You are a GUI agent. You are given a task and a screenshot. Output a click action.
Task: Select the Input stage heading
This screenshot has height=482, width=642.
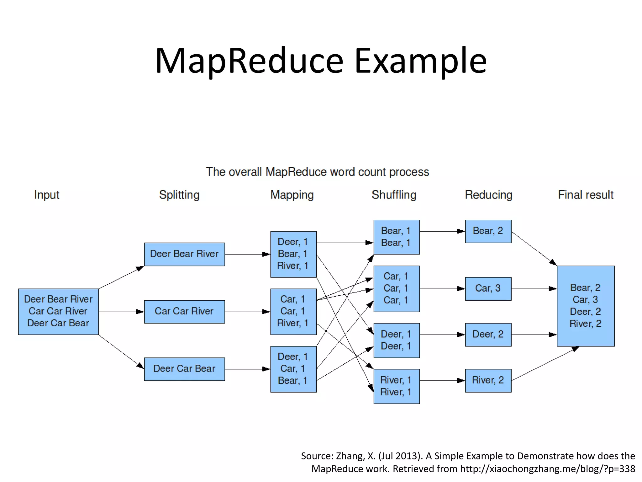[47, 195]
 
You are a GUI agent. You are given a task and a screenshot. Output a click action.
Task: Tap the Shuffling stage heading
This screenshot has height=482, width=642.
[394, 195]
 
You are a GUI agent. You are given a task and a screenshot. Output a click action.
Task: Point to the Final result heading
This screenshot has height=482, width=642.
[586, 195]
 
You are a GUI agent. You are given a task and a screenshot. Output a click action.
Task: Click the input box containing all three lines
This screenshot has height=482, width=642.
[58, 311]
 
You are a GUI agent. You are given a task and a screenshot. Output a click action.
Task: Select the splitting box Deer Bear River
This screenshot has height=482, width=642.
[184, 254]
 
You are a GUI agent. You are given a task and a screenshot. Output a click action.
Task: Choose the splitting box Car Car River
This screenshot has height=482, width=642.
[184, 312]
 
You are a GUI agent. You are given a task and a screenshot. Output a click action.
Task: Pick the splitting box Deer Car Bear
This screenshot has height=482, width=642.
[184, 369]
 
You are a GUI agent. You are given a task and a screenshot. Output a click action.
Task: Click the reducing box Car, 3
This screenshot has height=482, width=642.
[488, 289]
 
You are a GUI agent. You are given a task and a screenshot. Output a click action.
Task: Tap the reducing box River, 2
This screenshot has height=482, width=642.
[488, 380]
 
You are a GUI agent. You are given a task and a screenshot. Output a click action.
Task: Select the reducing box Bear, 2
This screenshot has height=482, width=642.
[488, 231]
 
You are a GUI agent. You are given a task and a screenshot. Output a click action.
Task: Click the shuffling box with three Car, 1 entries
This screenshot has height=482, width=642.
[396, 289]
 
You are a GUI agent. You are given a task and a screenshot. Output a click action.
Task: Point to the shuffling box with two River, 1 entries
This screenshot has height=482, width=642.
[396, 386]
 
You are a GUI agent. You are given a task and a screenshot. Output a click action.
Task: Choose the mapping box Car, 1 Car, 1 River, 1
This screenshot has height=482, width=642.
[293, 311]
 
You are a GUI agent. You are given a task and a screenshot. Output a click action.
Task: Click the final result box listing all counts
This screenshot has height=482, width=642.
[586, 306]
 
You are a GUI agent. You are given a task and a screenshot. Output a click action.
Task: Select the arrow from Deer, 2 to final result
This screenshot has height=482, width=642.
[534, 335]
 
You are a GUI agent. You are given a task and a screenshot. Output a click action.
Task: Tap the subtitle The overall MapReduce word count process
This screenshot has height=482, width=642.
[317, 172]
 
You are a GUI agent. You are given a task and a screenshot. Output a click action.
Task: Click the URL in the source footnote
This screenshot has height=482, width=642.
[547, 469]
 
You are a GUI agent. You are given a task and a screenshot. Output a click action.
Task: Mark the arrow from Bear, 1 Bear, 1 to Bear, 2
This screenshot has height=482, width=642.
[442, 231]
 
